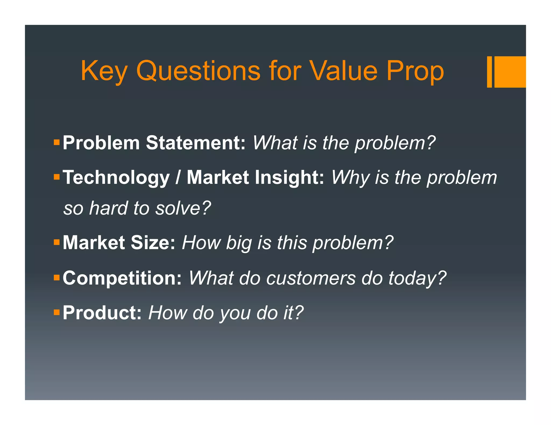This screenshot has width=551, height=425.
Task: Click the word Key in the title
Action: pyautogui.click(x=104, y=71)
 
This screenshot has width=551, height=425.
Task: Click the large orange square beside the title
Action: pyautogui.click(x=510, y=72)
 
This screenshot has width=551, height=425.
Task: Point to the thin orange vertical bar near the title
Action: pyautogui.click(x=489, y=72)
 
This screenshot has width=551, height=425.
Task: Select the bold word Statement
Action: pyautogui.click(x=195, y=143)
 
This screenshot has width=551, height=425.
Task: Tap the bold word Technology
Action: pyautogui.click(x=116, y=178)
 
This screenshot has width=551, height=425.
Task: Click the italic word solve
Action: pyautogui.click(x=183, y=208)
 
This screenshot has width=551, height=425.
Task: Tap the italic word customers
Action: pyautogui.click(x=311, y=278)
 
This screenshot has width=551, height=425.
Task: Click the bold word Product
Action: pyautogui.click(x=102, y=313)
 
